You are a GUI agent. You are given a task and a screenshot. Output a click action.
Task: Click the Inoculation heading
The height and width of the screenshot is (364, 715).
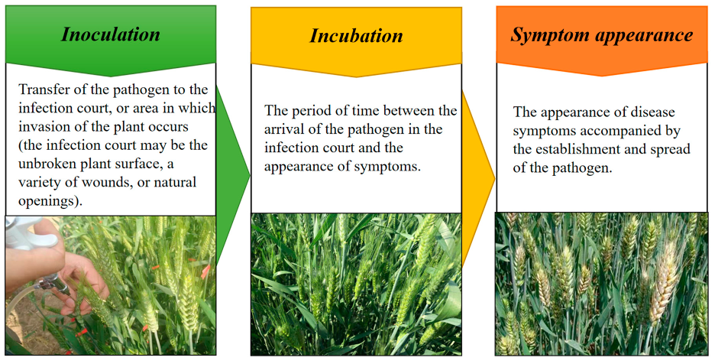(111, 34)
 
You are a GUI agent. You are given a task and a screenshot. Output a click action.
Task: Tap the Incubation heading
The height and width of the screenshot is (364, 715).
(356, 36)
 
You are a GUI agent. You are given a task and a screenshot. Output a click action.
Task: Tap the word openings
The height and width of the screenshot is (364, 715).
(50, 201)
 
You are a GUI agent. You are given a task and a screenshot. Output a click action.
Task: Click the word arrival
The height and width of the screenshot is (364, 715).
(283, 129)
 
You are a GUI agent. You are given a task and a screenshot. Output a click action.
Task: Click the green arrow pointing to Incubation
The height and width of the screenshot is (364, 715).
(232, 174)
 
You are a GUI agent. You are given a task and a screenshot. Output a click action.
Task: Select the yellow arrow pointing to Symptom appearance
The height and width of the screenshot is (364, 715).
(478, 178)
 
